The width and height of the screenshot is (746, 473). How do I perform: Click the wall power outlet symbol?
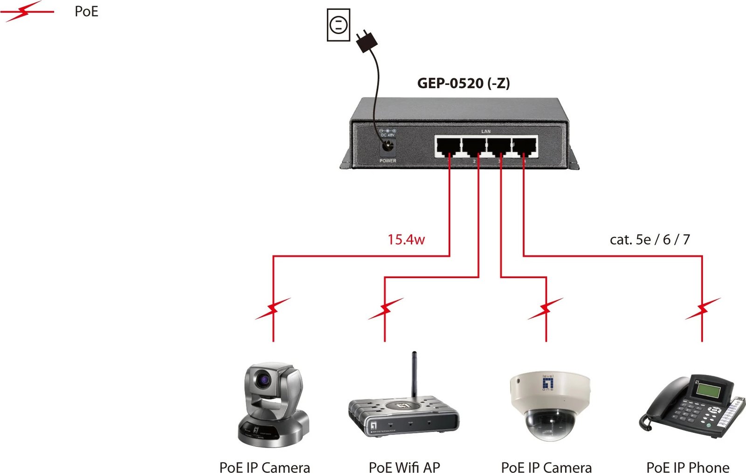338,24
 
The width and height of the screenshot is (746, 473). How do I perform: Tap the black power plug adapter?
366,42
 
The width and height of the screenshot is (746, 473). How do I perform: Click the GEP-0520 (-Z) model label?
463,83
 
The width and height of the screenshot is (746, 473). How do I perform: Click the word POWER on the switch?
387,161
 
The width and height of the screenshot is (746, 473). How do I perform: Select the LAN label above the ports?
486,132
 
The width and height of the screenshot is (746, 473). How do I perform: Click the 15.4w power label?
406,240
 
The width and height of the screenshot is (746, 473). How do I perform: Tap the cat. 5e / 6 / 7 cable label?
649,240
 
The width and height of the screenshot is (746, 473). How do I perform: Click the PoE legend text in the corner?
86,12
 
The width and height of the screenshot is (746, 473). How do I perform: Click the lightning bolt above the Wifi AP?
386,308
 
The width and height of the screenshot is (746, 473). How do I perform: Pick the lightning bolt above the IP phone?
703,308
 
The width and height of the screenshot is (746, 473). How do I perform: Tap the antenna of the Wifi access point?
414,373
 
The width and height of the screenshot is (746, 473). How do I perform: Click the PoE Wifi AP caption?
404,467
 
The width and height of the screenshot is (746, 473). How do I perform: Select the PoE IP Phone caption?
688,467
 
